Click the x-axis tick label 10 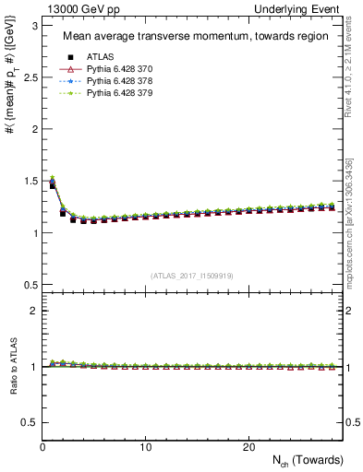point(145,447)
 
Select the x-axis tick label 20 point(248,447)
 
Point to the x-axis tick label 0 point(42,447)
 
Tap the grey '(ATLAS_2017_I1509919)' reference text point(191,275)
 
